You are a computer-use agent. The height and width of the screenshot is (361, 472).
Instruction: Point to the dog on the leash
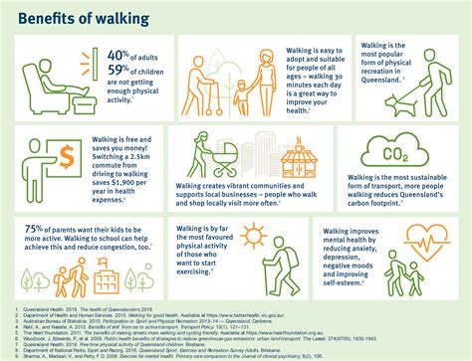click(x=401, y=106)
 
